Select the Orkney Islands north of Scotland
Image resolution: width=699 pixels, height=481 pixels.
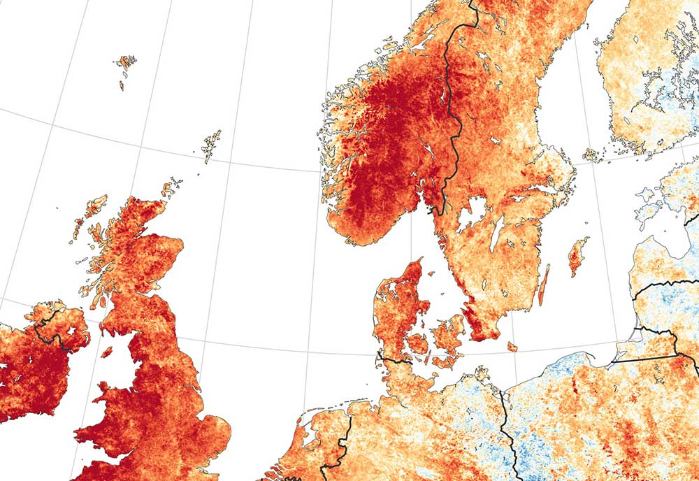click(x=170, y=189)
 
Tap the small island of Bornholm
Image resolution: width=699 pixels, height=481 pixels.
click(x=512, y=347)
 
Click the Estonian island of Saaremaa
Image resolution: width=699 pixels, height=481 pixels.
click(x=647, y=210)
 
